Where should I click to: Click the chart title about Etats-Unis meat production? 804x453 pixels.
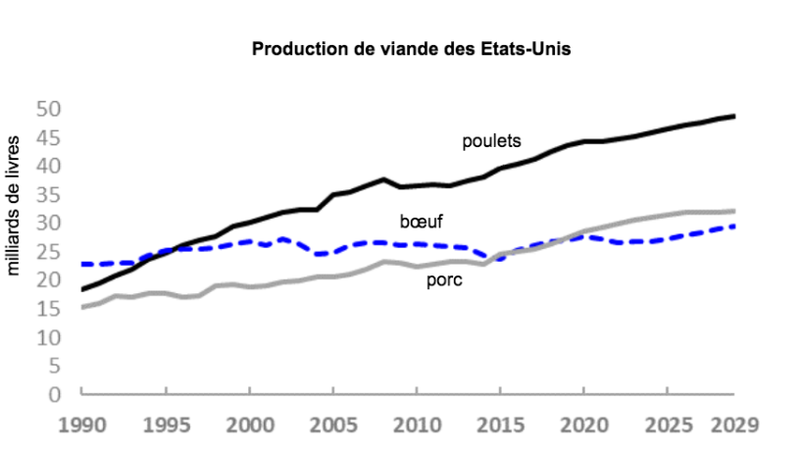pyautogui.click(x=411, y=48)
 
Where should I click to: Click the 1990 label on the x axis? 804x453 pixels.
pyautogui.click(x=83, y=427)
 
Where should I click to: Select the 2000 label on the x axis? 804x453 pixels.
pyautogui.click(x=250, y=427)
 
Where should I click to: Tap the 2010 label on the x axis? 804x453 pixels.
pyautogui.click(x=417, y=427)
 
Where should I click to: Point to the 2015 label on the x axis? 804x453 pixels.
pyautogui.click(x=500, y=427)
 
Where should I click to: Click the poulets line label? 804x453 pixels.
pyautogui.click(x=491, y=141)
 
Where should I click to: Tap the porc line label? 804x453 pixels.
pyautogui.click(x=444, y=280)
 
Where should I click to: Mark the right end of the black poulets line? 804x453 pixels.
pyautogui.click(x=733, y=117)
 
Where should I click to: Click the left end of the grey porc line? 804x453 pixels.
pyautogui.click(x=83, y=307)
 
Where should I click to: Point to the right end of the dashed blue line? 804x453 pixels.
pyautogui.click(x=733, y=226)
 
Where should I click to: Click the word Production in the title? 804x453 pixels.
pyautogui.click(x=293, y=48)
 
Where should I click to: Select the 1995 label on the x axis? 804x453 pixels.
pyautogui.click(x=167, y=427)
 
